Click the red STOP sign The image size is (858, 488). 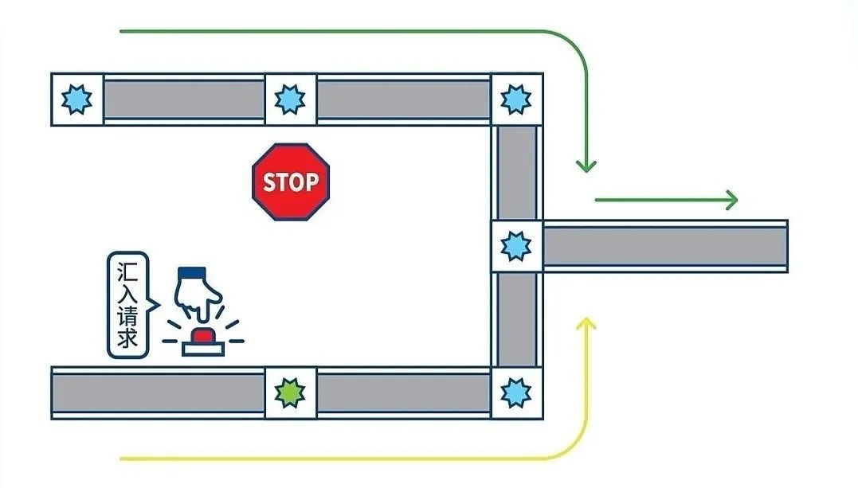(x=291, y=182)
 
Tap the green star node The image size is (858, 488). (x=290, y=392)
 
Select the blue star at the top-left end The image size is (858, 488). (x=77, y=100)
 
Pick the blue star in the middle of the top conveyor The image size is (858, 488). (x=290, y=100)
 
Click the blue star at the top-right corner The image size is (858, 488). (x=516, y=100)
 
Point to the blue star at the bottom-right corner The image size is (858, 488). (x=516, y=392)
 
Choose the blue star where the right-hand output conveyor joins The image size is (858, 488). (x=516, y=246)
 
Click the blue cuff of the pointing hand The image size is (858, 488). (x=191, y=272)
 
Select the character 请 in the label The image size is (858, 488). (x=127, y=316)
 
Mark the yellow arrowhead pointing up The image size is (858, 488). (x=586, y=323)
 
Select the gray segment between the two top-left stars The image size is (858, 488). (x=183, y=100)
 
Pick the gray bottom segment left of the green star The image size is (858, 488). (x=158, y=392)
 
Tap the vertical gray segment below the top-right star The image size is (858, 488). (x=516, y=171)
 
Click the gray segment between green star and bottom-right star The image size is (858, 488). (x=403, y=392)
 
